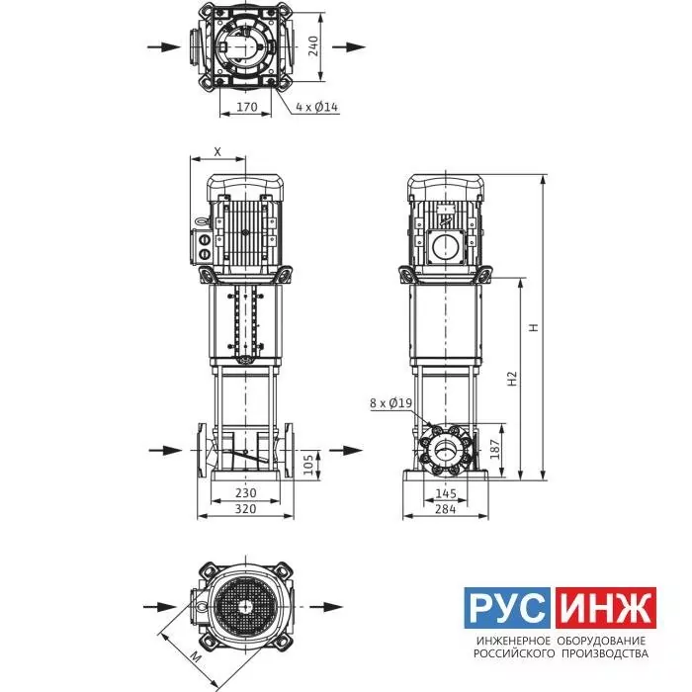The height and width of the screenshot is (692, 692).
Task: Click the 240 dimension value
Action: pyautogui.click(x=313, y=46)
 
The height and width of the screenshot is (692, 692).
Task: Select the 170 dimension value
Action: pyautogui.click(x=247, y=107)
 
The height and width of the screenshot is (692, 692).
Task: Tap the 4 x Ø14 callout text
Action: pyautogui.click(x=317, y=107)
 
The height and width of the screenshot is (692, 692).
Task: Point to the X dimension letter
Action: pyautogui.click(x=217, y=152)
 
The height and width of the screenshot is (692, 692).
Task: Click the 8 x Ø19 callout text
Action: pyautogui.click(x=391, y=403)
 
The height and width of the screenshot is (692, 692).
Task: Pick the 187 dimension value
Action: pyautogui.click(x=496, y=449)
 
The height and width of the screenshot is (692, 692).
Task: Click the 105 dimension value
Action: pyautogui.click(x=308, y=465)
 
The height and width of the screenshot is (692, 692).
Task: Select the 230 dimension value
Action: pyautogui.click(x=245, y=492)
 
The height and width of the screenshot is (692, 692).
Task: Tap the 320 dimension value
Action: pyautogui.click(x=245, y=509)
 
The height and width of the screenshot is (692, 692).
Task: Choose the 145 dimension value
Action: pyautogui.click(x=445, y=493)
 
